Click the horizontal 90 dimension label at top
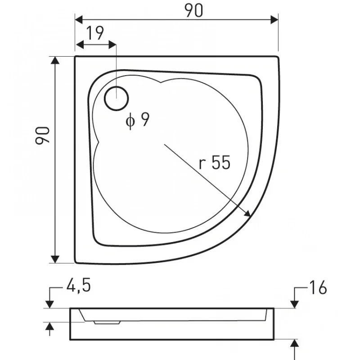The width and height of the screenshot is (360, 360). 194,10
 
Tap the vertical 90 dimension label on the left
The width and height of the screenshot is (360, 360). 42,135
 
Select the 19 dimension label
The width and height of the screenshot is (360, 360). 95,33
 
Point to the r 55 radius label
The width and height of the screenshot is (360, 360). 215,162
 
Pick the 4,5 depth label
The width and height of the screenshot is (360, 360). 78,286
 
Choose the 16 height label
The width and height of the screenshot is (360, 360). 318,288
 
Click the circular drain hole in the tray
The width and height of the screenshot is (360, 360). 117,99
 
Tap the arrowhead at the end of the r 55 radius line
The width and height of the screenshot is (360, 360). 247,214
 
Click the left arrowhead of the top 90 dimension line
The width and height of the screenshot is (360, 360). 79,20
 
